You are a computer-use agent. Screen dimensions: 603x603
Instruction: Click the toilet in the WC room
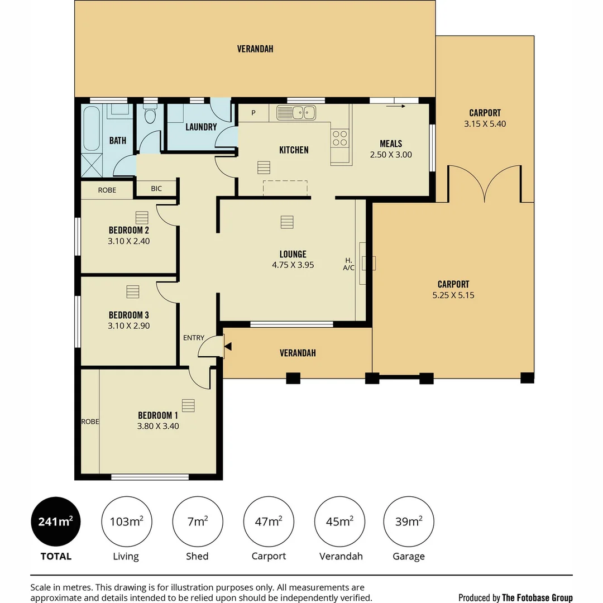[x=150, y=114]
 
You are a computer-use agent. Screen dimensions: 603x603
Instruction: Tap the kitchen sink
[x=296, y=113]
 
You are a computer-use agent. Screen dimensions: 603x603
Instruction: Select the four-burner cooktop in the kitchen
[x=340, y=138]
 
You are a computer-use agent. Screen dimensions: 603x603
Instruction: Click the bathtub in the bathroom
[x=92, y=128]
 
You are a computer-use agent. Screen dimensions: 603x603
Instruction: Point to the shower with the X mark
[x=92, y=165]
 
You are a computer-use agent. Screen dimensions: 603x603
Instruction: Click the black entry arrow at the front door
[x=228, y=347]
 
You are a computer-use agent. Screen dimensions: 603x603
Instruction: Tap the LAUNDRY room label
[x=201, y=127]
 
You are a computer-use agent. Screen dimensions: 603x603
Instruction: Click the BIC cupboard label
[x=156, y=189]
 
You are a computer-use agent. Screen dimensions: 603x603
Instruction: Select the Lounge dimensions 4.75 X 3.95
[x=293, y=265]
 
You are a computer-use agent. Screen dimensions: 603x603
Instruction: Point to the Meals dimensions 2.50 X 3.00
[x=391, y=155]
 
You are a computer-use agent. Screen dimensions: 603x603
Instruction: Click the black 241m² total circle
[x=56, y=521]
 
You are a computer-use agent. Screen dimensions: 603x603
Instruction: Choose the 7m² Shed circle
[x=198, y=521]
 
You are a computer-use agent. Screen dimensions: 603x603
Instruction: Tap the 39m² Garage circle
[x=409, y=521]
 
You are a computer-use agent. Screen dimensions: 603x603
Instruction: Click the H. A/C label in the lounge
[x=348, y=264]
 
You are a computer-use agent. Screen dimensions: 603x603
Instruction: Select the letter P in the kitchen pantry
[x=253, y=113]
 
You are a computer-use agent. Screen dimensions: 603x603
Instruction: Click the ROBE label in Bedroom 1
[x=90, y=422]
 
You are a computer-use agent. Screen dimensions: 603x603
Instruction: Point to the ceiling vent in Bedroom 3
[x=133, y=292]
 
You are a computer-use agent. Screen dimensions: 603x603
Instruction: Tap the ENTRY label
[x=193, y=338]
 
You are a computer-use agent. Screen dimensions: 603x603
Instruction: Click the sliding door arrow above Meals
[x=396, y=106]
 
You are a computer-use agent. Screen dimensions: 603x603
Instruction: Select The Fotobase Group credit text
[x=537, y=597]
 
